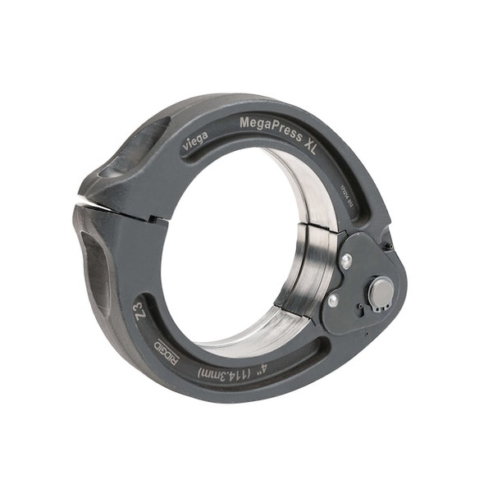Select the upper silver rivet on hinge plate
click(x=346, y=262)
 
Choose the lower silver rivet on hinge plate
click(x=333, y=301)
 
